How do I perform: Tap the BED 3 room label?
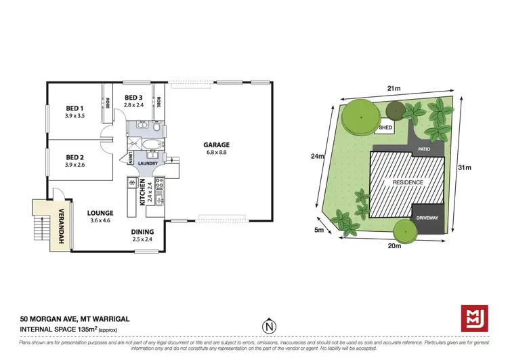(133, 98)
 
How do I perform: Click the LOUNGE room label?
(100, 212)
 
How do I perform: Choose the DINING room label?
(143, 231)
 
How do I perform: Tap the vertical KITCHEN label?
(143, 193)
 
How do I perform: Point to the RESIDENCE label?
(404, 182)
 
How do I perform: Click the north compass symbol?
(270, 326)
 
